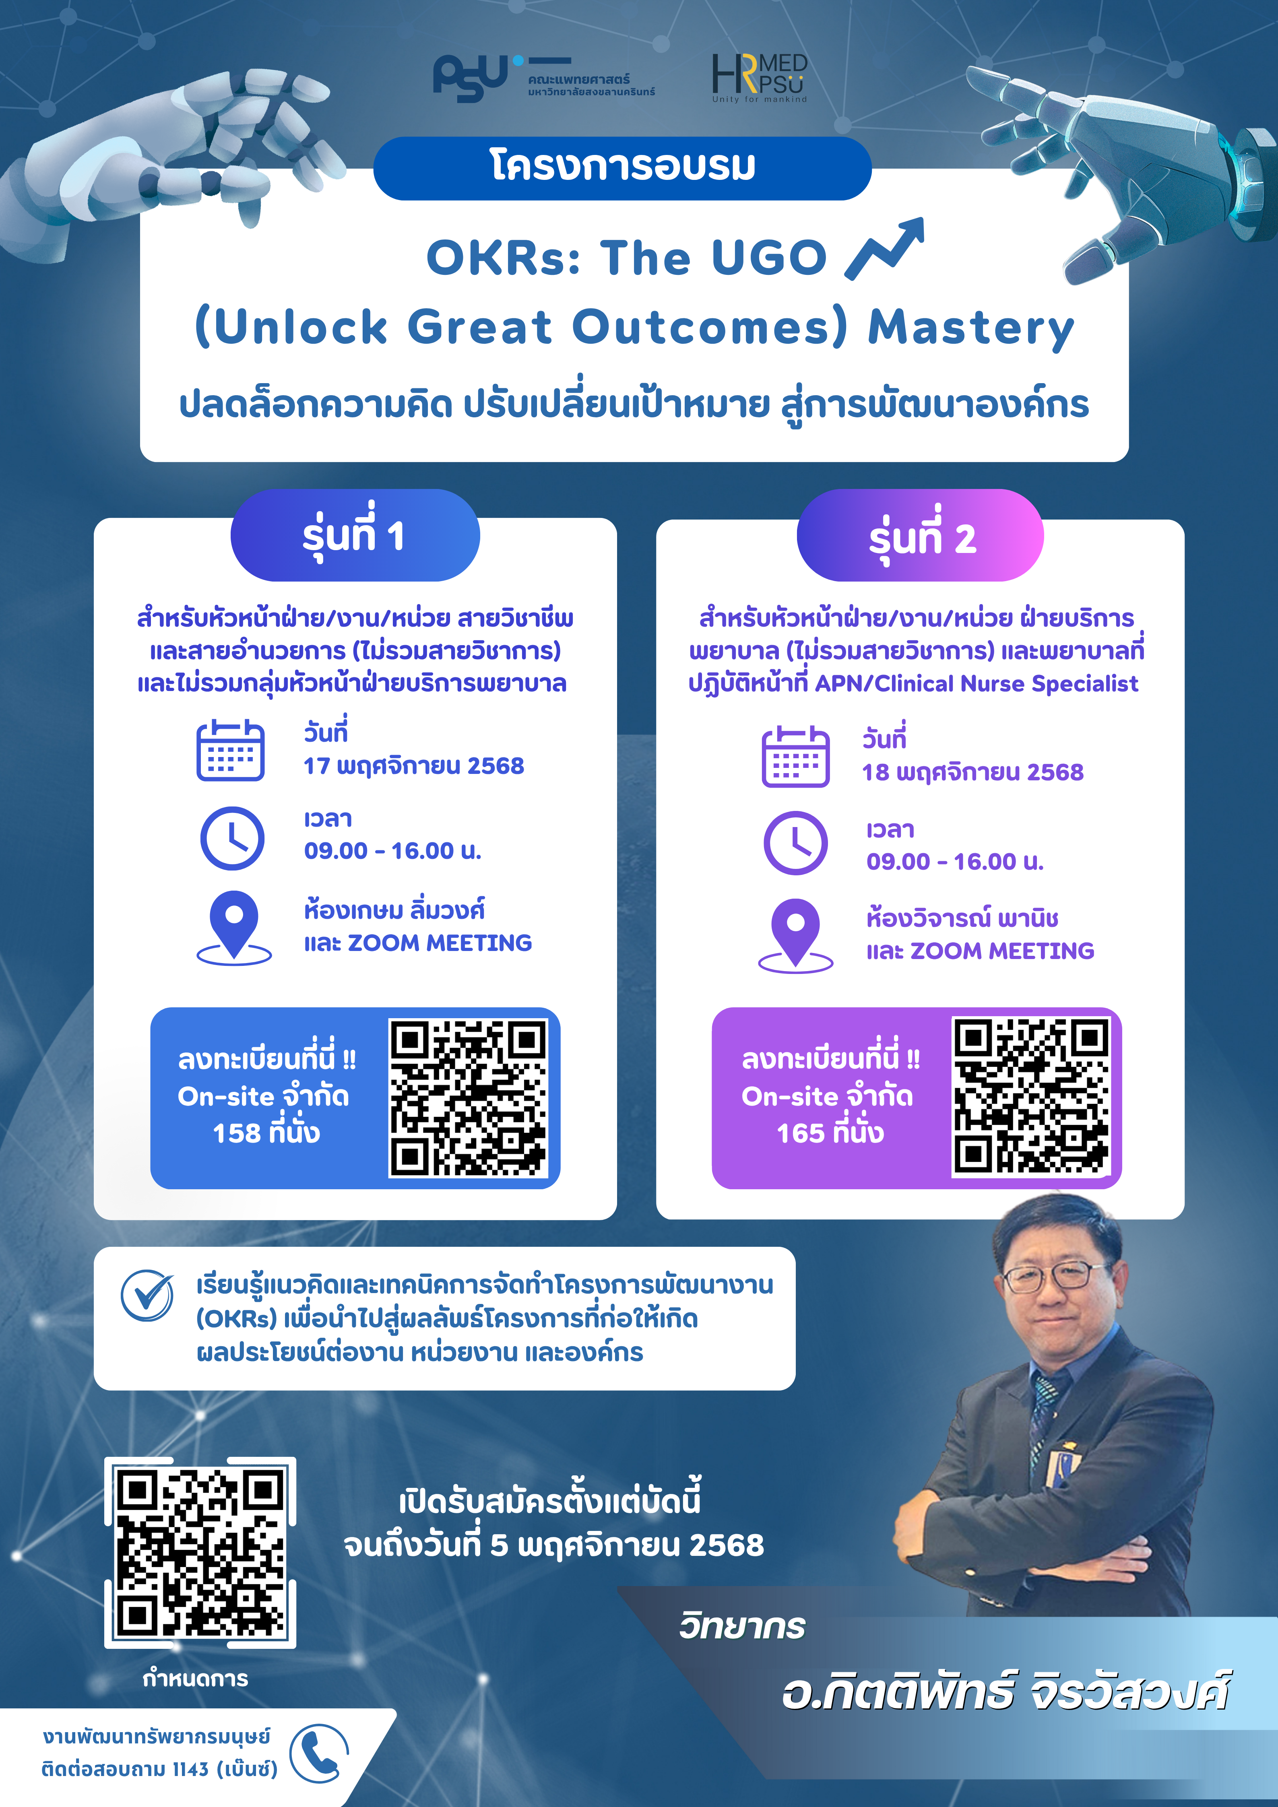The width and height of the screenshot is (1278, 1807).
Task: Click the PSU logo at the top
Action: pyautogui.click(x=543, y=79)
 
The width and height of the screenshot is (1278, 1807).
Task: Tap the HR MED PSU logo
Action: pyautogui.click(x=760, y=78)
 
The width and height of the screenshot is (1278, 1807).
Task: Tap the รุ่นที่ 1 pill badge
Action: pyautogui.click(x=355, y=535)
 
